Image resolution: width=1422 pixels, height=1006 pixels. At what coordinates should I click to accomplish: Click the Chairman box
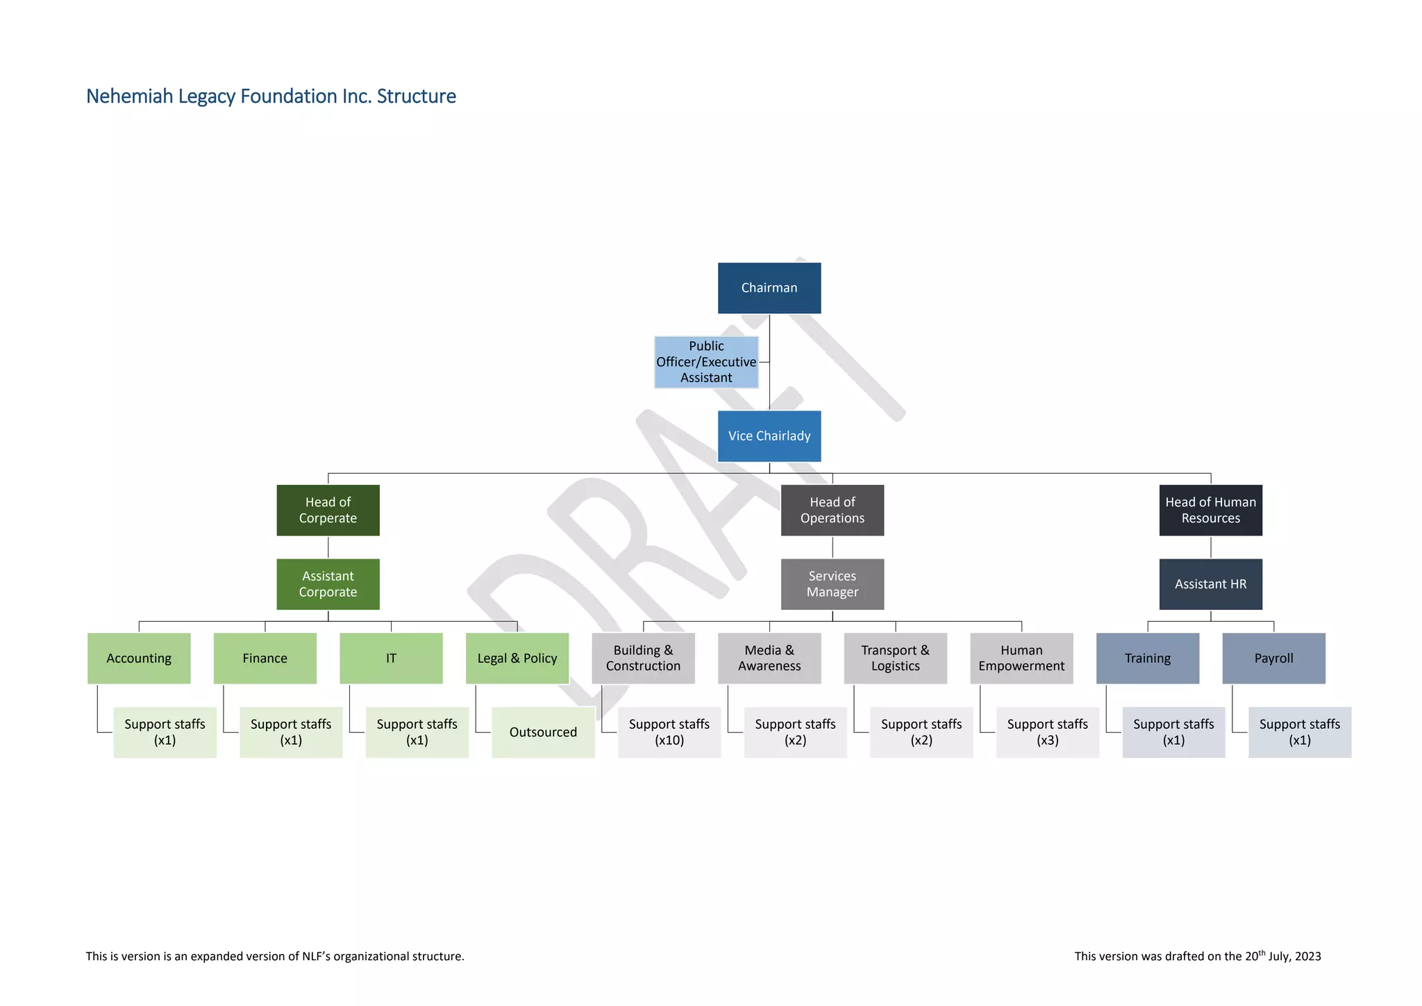point(769,288)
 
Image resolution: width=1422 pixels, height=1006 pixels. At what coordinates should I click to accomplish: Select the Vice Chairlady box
point(769,436)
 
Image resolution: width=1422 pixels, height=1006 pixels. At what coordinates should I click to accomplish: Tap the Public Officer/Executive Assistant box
point(705,362)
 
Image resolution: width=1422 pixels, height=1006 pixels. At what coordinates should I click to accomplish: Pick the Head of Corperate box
point(328,510)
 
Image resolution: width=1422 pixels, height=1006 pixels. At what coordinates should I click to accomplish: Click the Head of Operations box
point(832,510)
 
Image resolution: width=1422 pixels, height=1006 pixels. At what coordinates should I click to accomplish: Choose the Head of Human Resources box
point(1210,510)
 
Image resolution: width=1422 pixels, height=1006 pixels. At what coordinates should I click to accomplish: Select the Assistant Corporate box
point(328,584)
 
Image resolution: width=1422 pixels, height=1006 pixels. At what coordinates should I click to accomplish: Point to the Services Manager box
point(832,584)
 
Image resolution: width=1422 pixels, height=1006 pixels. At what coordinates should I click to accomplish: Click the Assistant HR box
point(1210,584)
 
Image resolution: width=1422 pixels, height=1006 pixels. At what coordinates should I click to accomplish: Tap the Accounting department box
point(139,658)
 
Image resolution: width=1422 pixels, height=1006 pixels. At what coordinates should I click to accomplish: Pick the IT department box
point(391,658)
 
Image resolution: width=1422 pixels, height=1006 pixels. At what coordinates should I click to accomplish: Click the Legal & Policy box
point(517,658)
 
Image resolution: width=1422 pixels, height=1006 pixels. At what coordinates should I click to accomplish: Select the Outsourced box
point(543,732)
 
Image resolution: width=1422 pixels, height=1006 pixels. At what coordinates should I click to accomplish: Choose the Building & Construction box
point(643,658)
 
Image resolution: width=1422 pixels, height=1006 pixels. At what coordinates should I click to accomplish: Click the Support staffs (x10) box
point(669,732)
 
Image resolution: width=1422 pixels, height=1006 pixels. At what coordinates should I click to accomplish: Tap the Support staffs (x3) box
point(1047,732)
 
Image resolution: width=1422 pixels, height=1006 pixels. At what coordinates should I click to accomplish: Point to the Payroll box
point(1273,658)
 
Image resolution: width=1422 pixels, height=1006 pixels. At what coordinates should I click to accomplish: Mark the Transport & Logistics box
point(895,658)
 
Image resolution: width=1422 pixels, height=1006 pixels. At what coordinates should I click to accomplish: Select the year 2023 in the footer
point(1307,957)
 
